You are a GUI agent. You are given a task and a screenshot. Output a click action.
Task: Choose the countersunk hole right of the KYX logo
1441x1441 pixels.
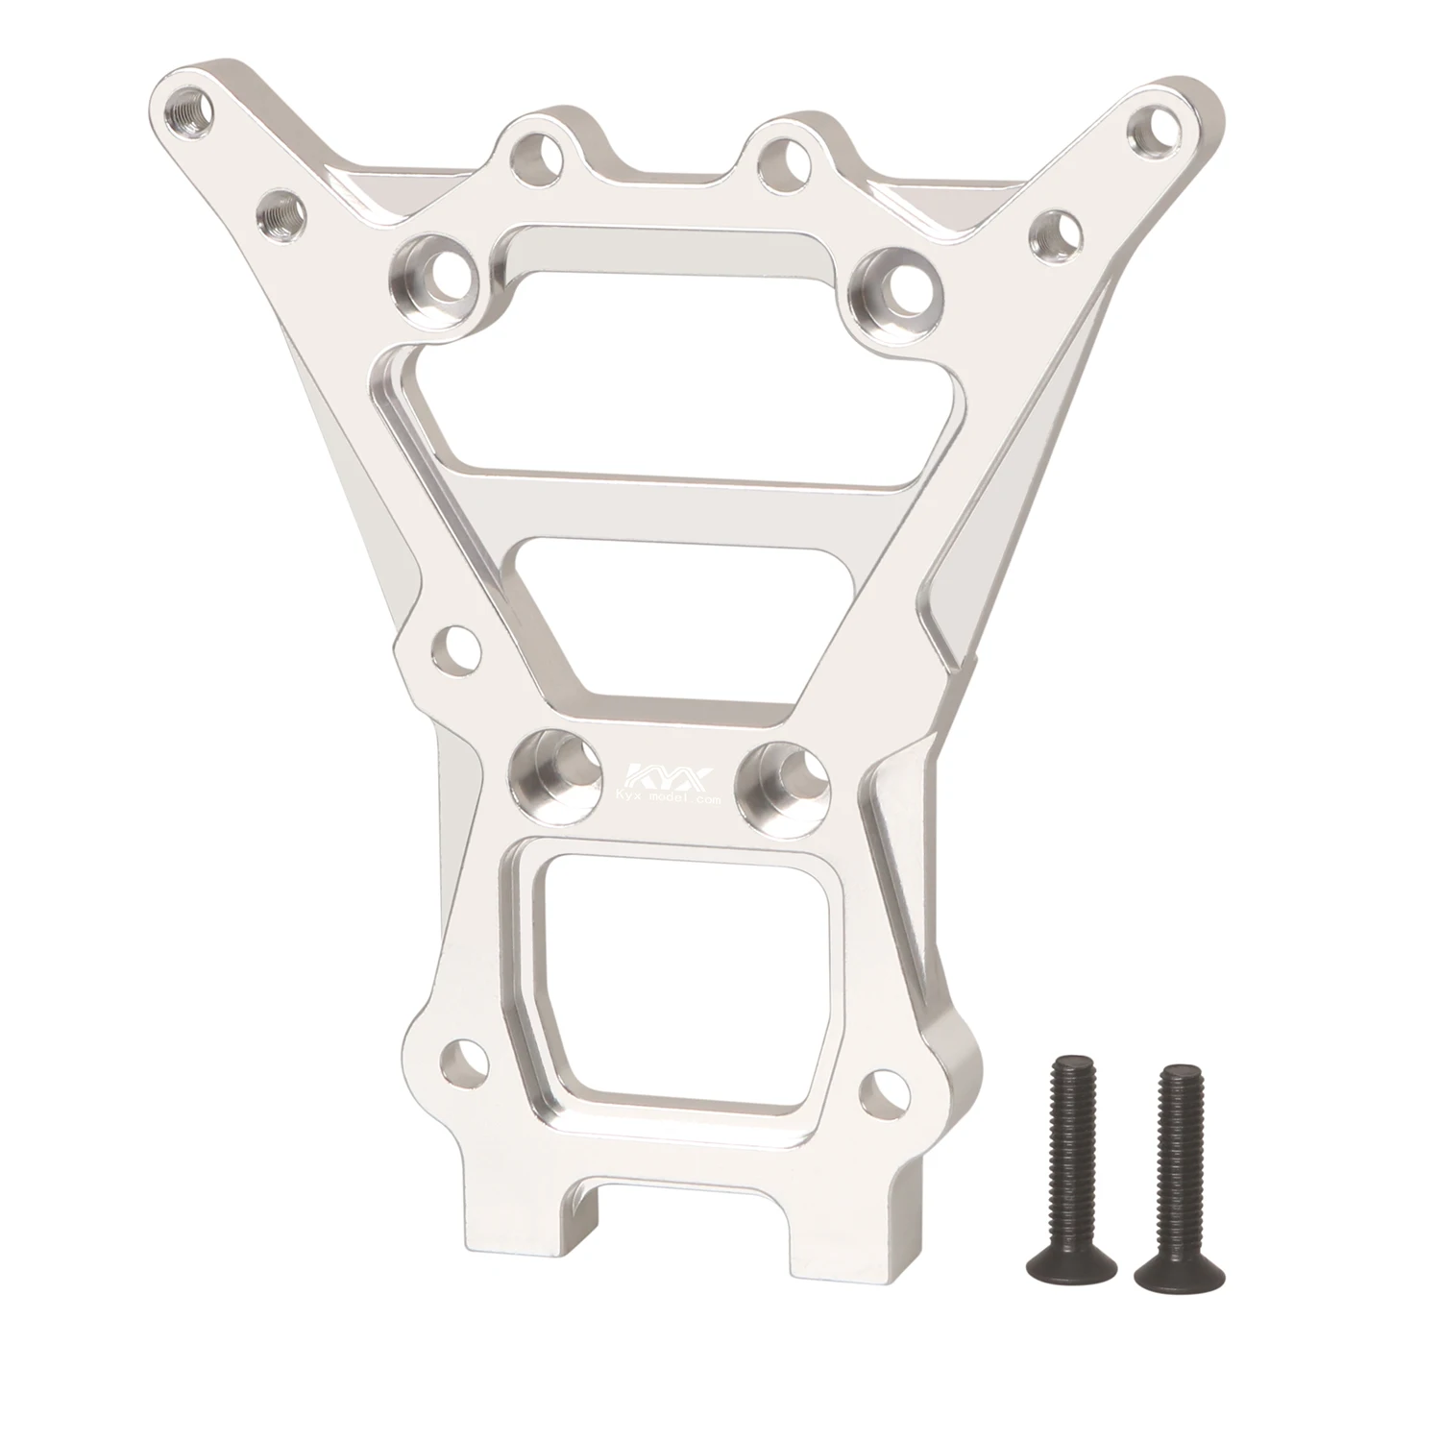[780, 774]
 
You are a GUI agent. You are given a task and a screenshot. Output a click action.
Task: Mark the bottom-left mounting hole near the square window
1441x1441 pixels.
[459, 1061]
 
